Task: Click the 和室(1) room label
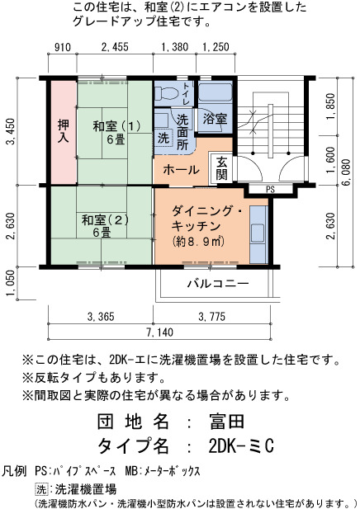coord(116,126)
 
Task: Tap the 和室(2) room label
coord(105,220)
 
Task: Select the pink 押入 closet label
coord(63,131)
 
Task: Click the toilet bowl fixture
coord(166,93)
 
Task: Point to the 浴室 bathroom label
coord(215,119)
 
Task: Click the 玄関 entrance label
coord(221,168)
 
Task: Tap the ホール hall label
coord(182,169)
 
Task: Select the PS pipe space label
coord(270,189)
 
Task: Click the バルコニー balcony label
coord(218,284)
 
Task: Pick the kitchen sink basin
coord(258,233)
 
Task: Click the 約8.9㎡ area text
coord(198,241)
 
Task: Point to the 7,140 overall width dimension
coord(160,332)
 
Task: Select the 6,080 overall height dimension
coord(346,172)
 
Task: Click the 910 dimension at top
coord(63,47)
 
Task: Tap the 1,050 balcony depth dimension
coord(11,284)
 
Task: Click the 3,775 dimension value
coord(212,317)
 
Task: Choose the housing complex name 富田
coord(227,422)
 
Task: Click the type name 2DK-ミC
coord(241,445)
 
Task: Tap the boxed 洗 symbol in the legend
coord(41,489)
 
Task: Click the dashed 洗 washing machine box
coord(163,138)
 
